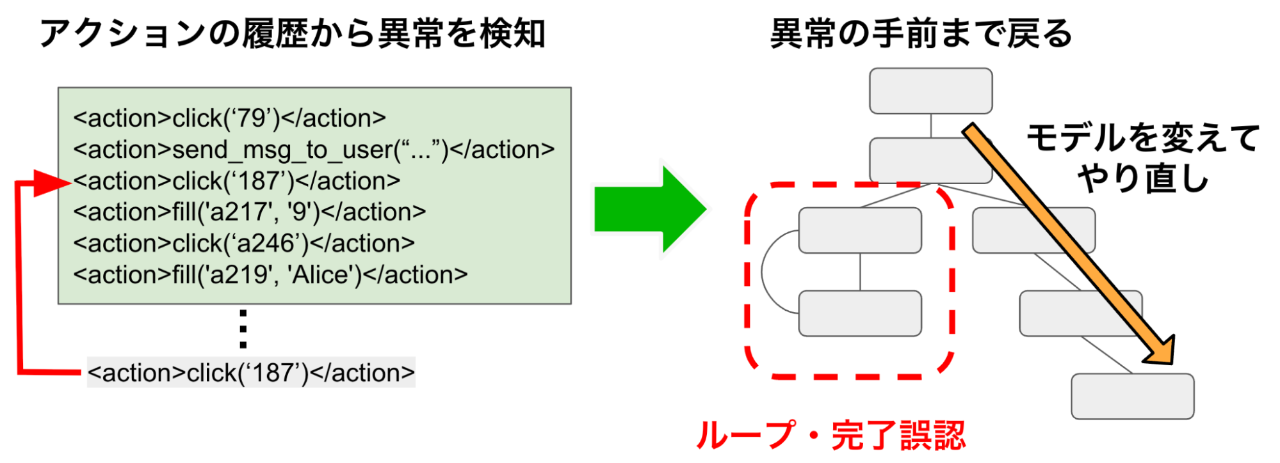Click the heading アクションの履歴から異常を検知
pos(292,33)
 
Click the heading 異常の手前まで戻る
pos(921,33)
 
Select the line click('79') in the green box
pos(229,118)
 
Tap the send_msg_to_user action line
pos(314,150)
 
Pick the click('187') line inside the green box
pos(236,181)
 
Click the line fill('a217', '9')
pos(249,212)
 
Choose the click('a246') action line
pos(244,243)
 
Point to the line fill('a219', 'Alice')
pos(270,274)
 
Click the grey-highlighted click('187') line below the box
pos(251,372)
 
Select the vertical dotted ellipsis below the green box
pos(243,329)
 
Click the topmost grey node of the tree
pos(930,91)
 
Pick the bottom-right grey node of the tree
pos(1132,396)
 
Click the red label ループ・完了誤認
pos(830,436)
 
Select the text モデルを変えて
pos(1143,138)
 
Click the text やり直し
pos(1143,178)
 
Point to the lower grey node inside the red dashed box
pos(859,313)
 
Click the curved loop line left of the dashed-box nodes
pos(763,272)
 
